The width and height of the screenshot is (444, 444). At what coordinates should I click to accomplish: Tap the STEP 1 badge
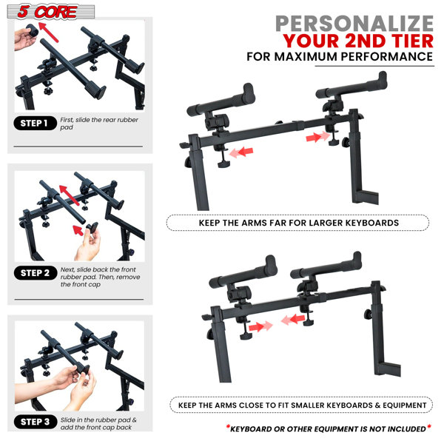click(36, 124)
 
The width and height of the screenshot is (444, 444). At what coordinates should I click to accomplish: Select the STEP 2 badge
click(36, 273)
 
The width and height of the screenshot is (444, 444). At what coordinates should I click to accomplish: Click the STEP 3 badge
click(36, 423)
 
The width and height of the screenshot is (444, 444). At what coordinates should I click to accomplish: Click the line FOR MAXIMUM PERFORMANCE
click(349, 56)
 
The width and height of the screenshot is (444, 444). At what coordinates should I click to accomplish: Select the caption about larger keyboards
click(298, 222)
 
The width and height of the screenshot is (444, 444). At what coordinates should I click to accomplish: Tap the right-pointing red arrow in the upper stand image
click(316, 137)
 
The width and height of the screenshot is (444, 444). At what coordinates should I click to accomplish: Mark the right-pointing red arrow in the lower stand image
click(258, 325)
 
